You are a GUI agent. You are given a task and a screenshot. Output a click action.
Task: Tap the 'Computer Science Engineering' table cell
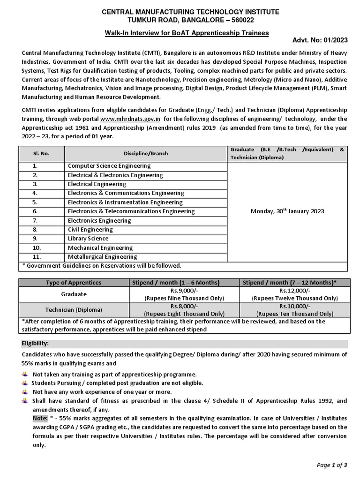coord(109,166)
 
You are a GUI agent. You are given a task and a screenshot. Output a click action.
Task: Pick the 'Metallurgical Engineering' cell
coord(102,257)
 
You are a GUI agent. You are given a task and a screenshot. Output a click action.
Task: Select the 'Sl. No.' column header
coord(41,153)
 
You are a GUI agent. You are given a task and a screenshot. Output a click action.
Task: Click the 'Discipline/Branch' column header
coord(146,153)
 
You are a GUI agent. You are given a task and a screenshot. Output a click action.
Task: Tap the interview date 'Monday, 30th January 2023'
coord(287,211)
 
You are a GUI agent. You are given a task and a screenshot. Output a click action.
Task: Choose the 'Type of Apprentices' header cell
coord(73,283)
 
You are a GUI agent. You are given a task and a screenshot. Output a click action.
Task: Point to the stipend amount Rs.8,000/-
coord(184,306)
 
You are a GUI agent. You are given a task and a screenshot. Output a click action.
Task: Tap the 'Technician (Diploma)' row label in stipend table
coord(74,310)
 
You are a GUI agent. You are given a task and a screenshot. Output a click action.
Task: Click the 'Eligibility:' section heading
coord(36,344)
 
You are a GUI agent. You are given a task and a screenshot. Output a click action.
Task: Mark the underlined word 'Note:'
coord(40,418)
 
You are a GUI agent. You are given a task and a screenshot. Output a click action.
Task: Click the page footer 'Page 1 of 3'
coord(332,465)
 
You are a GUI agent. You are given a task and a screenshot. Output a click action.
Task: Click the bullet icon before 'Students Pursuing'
coord(24,383)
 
